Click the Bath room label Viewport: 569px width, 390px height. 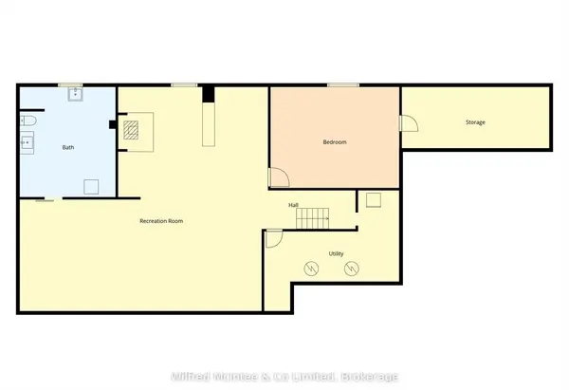coord(67,148)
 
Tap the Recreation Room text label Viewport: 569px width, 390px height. coord(160,221)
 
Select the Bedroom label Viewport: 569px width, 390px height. coord(335,142)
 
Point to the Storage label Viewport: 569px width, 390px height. coord(475,122)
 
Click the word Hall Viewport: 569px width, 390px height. coord(295,204)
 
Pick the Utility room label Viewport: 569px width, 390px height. coord(336,254)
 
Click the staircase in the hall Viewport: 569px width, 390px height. coord(312,219)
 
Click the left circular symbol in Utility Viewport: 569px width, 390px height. coord(310,269)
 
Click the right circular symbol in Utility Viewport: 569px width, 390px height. coord(350,269)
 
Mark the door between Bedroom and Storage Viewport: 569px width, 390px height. coord(408,123)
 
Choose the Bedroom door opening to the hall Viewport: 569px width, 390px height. coord(279,176)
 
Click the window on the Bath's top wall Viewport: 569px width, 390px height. coord(70,86)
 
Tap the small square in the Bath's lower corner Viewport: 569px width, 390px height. coord(92,186)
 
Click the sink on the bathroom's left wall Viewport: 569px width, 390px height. coord(28,144)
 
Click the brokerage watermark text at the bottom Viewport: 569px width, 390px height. coord(284,378)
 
